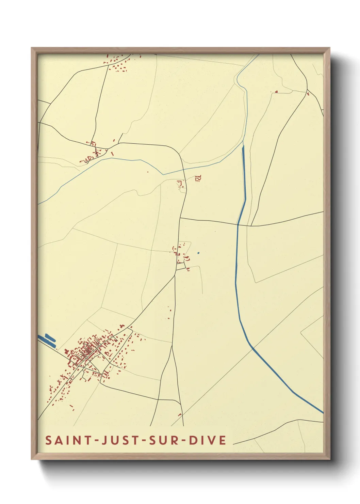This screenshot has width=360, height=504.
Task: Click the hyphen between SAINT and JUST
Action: point(95,441)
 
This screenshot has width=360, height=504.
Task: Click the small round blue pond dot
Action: point(198,253)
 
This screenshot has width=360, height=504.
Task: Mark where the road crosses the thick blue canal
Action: point(238,224)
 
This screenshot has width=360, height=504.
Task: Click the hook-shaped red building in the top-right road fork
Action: point(276,92)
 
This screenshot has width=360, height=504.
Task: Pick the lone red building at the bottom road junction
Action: point(180,414)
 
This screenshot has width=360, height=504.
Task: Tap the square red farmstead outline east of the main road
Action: point(198,178)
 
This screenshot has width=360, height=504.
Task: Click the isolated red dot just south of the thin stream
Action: point(148,172)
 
